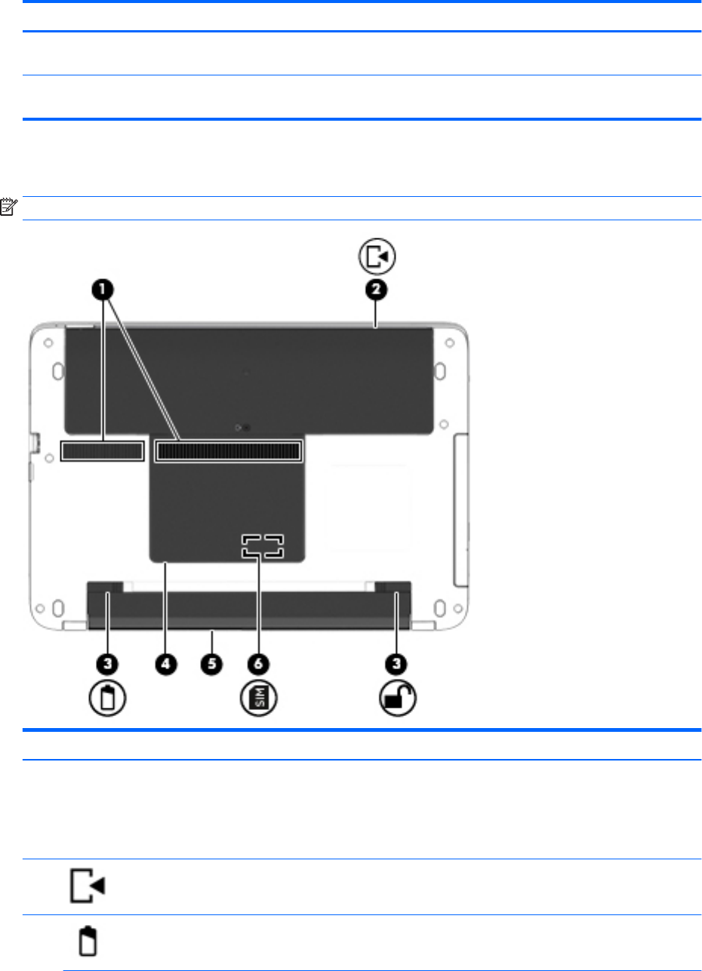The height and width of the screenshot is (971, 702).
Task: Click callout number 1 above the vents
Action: tap(103, 290)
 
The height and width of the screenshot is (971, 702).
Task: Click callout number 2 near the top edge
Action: tap(376, 290)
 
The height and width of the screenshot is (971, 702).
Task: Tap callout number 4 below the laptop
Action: tap(166, 664)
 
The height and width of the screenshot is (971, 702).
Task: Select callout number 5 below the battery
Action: tap(211, 664)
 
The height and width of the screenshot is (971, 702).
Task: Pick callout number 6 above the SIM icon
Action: tap(258, 664)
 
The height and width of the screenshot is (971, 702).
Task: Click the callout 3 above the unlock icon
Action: tap(396, 664)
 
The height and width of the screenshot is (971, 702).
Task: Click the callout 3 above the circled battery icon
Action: tap(107, 664)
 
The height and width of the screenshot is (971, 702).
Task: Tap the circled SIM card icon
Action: tap(259, 698)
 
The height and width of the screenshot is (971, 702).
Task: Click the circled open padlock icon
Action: tap(398, 698)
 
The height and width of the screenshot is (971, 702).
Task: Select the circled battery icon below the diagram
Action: tap(107, 698)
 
